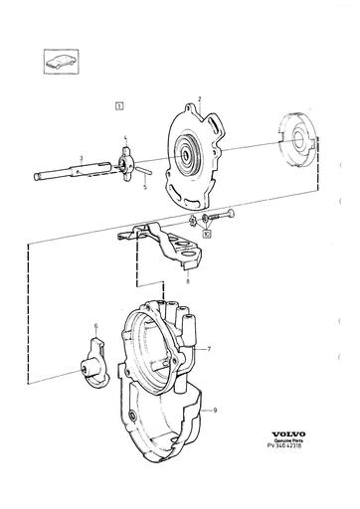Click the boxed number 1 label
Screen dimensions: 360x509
(119, 102)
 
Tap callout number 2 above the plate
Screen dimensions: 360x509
(200, 99)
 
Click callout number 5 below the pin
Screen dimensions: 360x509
(96, 326)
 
